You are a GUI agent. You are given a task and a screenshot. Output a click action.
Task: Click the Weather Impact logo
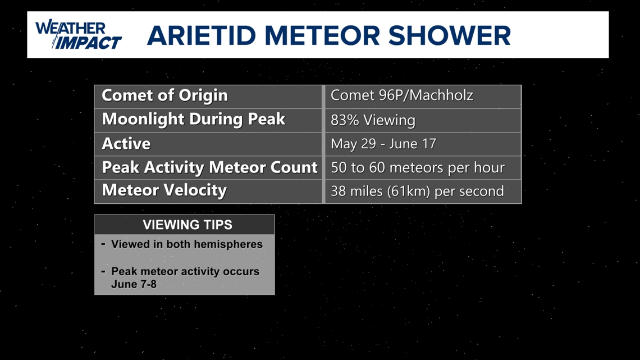pos(78,35)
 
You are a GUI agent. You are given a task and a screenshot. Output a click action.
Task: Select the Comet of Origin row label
pos(164,95)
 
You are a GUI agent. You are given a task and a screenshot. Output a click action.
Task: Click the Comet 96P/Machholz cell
pos(402,95)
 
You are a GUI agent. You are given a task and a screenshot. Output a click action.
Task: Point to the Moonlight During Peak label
pos(193,119)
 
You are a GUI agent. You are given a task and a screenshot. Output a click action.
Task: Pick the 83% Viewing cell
pos(373,120)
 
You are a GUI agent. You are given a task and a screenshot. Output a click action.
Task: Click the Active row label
pos(126,144)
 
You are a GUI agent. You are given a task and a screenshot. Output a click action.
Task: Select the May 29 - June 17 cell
pos(383,144)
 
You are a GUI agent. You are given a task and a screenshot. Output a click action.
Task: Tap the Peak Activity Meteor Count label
pos(209,167)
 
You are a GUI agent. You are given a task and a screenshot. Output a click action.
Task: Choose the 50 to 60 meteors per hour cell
pos(417,167)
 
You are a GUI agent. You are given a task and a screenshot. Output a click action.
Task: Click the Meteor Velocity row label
pos(164,190)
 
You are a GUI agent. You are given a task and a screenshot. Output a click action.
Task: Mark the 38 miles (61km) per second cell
pos(417,191)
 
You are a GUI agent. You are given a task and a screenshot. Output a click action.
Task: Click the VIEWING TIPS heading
pos(187,225)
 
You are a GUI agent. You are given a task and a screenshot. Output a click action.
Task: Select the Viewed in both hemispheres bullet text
pos(186,244)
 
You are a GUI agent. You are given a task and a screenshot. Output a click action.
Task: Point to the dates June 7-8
pos(134,284)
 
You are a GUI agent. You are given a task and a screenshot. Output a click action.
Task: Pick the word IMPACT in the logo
pos(88,42)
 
